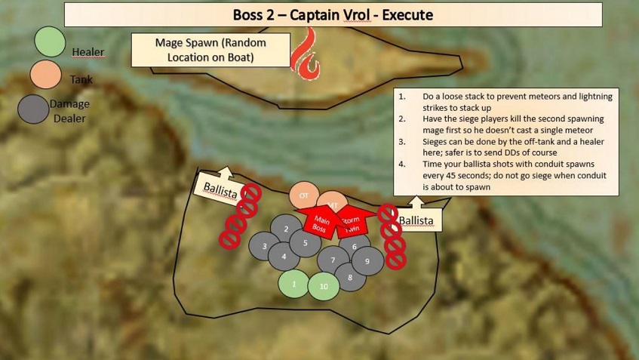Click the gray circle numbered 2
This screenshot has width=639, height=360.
286,228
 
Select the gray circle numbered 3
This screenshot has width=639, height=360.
264,246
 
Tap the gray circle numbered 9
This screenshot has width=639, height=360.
367,261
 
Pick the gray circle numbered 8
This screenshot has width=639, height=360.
350,278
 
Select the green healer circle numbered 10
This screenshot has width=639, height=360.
324,286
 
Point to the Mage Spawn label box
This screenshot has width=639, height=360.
210,50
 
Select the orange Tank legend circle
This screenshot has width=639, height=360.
46,75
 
